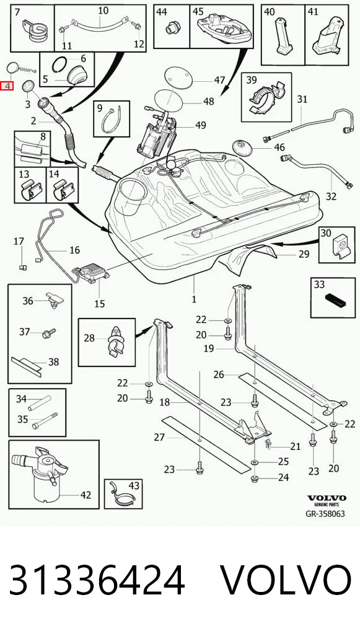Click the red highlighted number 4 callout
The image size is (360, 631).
(7, 86)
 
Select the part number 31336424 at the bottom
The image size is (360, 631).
(97, 580)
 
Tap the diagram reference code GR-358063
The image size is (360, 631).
(325, 513)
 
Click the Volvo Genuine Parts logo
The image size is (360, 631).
(327, 500)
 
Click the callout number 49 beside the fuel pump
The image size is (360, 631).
(201, 126)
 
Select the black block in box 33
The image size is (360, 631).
(335, 300)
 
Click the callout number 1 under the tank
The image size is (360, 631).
(194, 299)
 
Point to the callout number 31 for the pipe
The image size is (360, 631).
(302, 99)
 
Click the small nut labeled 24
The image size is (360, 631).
(254, 479)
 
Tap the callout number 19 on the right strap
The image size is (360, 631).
(209, 348)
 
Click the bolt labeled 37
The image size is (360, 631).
(50, 333)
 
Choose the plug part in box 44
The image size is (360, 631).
(172, 29)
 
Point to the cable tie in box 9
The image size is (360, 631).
(112, 120)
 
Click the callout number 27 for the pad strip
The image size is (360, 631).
(160, 436)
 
